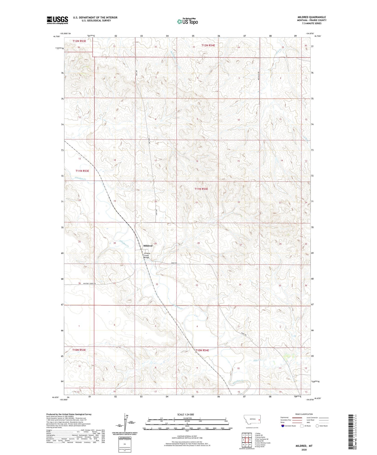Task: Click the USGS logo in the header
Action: point(57,20)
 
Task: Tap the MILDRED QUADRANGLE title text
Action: point(312,17)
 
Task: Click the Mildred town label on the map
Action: point(148,246)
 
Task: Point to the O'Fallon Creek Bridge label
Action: point(147,255)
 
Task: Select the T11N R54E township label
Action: point(201,189)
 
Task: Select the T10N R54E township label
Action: point(202,351)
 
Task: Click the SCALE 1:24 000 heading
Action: point(185,415)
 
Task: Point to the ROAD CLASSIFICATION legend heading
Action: point(304,414)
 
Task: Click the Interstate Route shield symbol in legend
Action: point(283,426)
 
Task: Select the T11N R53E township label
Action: point(82,171)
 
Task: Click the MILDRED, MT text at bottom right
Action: point(304,446)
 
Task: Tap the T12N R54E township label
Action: point(208,45)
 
